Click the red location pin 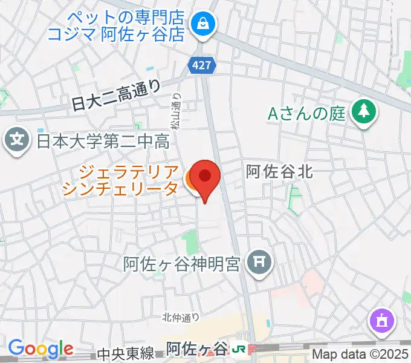[205, 177]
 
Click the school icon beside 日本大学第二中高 [17, 142]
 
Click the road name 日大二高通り [115, 97]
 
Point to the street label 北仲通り [181, 316]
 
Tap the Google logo [40, 348]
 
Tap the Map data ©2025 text [360, 354]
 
